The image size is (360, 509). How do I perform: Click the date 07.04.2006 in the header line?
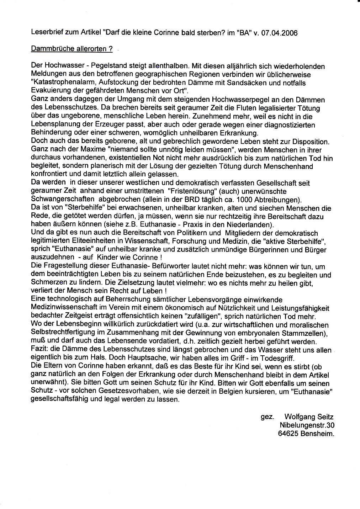click(279, 33)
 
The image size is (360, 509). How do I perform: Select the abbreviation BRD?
click(198, 200)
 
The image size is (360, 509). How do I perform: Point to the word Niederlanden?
click(252, 224)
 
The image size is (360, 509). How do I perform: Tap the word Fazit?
click(39, 350)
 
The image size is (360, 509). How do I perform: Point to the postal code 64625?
click(288, 434)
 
